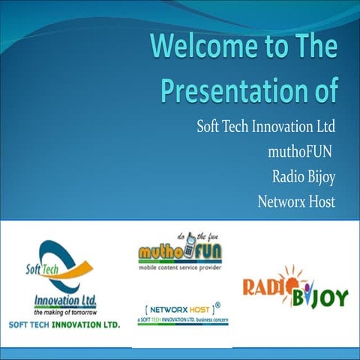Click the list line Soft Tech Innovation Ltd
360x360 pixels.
(x=265, y=124)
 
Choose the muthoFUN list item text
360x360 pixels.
(x=300, y=151)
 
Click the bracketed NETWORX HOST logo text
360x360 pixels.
(x=177, y=307)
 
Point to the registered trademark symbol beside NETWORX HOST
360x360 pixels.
(x=217, y=304)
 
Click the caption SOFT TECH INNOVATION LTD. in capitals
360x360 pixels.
(x=64, y=325)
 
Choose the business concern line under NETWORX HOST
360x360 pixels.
(x=182, y=319)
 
